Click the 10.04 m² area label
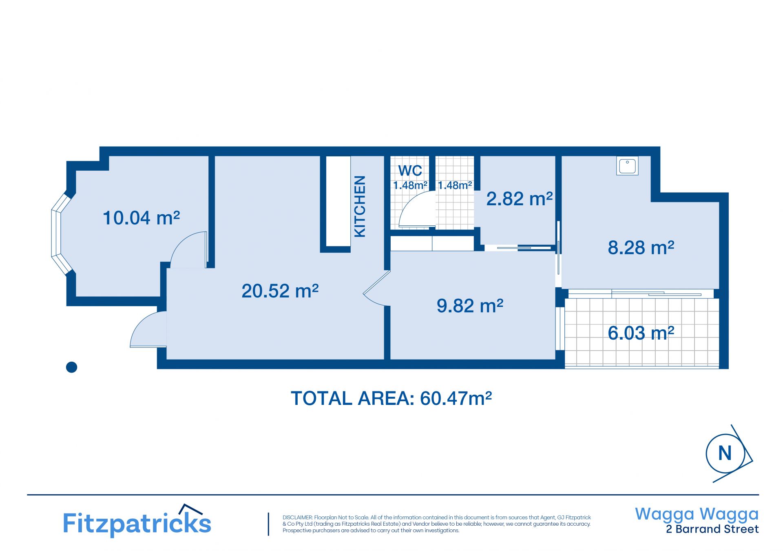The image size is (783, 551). [x=141, y=218]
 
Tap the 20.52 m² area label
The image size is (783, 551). [x=280, y=291]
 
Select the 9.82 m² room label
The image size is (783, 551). [x=470, y=306]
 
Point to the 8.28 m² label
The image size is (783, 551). [x=641, y=247]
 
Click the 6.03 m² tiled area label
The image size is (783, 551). [x=641, y=333]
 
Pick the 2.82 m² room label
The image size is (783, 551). [x=519, y=199]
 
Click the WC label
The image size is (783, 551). [x=410, y=171]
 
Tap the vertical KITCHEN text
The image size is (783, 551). [x=360, y=206]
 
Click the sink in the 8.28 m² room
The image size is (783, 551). [x=627, y=166]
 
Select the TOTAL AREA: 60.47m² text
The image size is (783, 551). [x=391, y=398]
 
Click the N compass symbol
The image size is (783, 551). [x=728, y=453]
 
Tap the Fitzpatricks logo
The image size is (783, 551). [x=137, y=521]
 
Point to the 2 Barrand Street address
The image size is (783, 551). [x=712, y=529]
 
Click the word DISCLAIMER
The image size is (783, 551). [x=297, y=518]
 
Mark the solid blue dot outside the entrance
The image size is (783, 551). [x=71, y=367]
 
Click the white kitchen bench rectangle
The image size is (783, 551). [x=338, y=201]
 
